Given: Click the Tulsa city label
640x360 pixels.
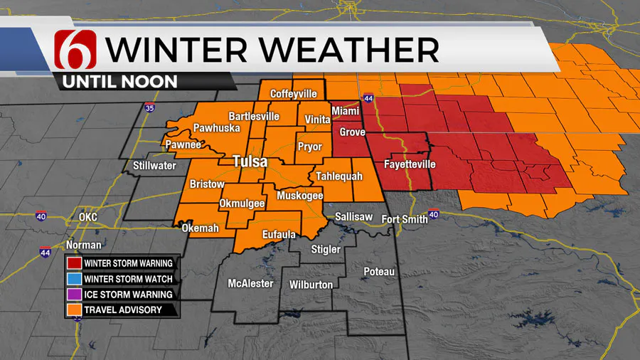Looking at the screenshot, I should [250, 162].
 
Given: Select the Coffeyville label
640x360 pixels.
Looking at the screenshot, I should [293, 93].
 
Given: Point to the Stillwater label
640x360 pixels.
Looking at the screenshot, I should [155, 166].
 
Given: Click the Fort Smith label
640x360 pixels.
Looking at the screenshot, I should [405, 219].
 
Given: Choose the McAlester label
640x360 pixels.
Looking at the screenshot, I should [250, 284].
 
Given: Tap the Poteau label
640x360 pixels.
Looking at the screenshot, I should [378, 272].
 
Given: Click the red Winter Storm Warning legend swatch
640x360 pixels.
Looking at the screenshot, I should [74, 263].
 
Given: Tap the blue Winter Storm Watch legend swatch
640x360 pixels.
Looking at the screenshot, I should [74, 278].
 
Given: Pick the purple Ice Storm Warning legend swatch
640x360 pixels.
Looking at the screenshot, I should [74, 294].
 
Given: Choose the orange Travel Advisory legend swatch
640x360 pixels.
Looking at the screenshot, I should [74, 309].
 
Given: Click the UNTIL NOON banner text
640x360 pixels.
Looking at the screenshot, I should [120, 81].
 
